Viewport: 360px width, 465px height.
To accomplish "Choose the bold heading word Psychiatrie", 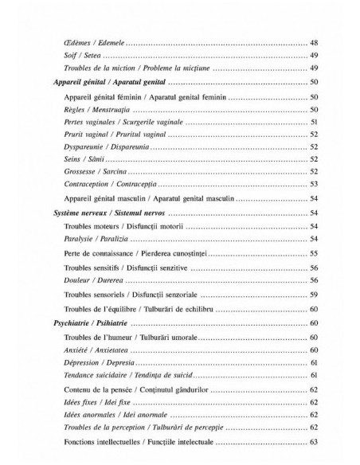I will (x=71, y=322).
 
